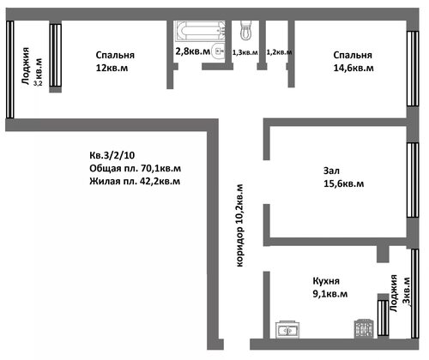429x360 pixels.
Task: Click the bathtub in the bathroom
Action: pyautogui.click(x=200, y=31)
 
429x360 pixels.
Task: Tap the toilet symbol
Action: pyautogui.click(x=245, y=30)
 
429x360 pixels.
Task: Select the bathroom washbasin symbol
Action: pyautogui.click(x=218, y=51)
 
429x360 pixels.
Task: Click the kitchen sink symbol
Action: pyautogui.click(x=287, y=330)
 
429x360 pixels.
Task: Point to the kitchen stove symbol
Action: pyautogui.click(x=364, y=328)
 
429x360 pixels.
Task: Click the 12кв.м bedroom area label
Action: pyautogui.click(x=112, y=69)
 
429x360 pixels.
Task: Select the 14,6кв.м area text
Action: pyautogui.click(x=353, y=69)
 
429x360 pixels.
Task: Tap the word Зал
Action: pyautogui.click(x=331, y=171)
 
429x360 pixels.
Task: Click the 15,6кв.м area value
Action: pyautogui.click(x=344, y=183)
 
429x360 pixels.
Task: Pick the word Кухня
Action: pyautogui.click(x=326, y=281)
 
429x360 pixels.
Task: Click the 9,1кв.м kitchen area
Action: pyautogui.click(x=330, y=294)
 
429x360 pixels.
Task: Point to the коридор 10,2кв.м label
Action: pyautogui.click(x=239, y=225)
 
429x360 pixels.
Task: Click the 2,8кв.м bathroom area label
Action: pyautogui.click(x=192, y=51)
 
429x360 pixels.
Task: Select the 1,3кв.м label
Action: pyautogui.click(x=245, y=52)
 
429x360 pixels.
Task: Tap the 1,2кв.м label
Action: pyautogui.click(x=279, y=52)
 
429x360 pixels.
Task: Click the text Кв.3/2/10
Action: pyautogui.click(x=112, y=155)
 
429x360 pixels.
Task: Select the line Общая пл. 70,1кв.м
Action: pyautogui.click(x=135, y=169)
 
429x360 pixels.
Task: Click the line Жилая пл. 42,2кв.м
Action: pyautogui.click(x=135, y=182)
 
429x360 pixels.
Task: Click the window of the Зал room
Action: pyautogui.click(x=413, y=180)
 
